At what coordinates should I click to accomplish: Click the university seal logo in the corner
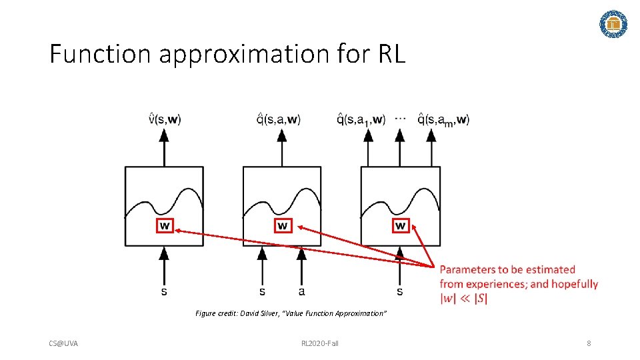pos(613,24)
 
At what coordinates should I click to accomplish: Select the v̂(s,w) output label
pos(164,120)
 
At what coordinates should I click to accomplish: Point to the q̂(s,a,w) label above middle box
pos(279,120)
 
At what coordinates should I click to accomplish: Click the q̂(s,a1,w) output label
pos(361,120)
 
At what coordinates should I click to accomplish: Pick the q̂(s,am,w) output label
pos(444,120)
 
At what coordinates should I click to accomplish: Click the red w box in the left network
pos(164,226)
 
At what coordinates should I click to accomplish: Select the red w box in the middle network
pos(283,226)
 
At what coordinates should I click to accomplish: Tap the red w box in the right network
pos(400,226)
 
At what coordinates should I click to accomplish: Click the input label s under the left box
pos(164,292)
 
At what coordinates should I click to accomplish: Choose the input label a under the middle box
pos(302,292)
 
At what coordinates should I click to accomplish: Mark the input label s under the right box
pos(399,292)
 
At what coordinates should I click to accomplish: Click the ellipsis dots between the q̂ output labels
pos(400,117)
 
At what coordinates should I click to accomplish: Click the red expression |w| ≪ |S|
pos(464,299)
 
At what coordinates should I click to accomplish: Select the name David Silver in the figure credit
pos(259,313)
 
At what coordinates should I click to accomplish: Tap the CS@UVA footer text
pos(63,343)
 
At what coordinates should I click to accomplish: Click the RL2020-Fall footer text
pos(320,343)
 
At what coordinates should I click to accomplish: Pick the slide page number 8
pos(589,343)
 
